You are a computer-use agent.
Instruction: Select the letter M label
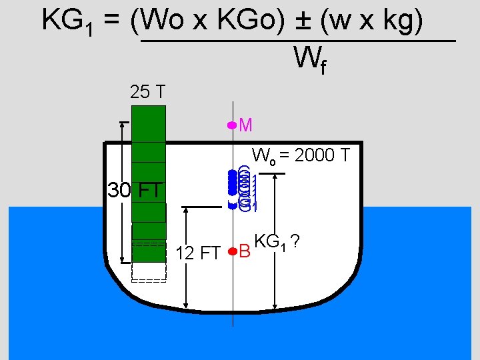point(245,125)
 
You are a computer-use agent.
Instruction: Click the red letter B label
point(245,252)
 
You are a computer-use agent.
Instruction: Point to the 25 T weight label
point(148,93)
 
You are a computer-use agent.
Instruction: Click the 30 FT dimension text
point(135,191)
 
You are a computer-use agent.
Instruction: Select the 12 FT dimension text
point(198,253)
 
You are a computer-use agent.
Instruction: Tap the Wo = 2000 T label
point(301,156)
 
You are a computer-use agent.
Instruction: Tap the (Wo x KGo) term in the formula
point(211,21)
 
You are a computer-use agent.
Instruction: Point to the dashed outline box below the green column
point(149,271)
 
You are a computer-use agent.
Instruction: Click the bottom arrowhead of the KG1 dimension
point(275,306)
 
